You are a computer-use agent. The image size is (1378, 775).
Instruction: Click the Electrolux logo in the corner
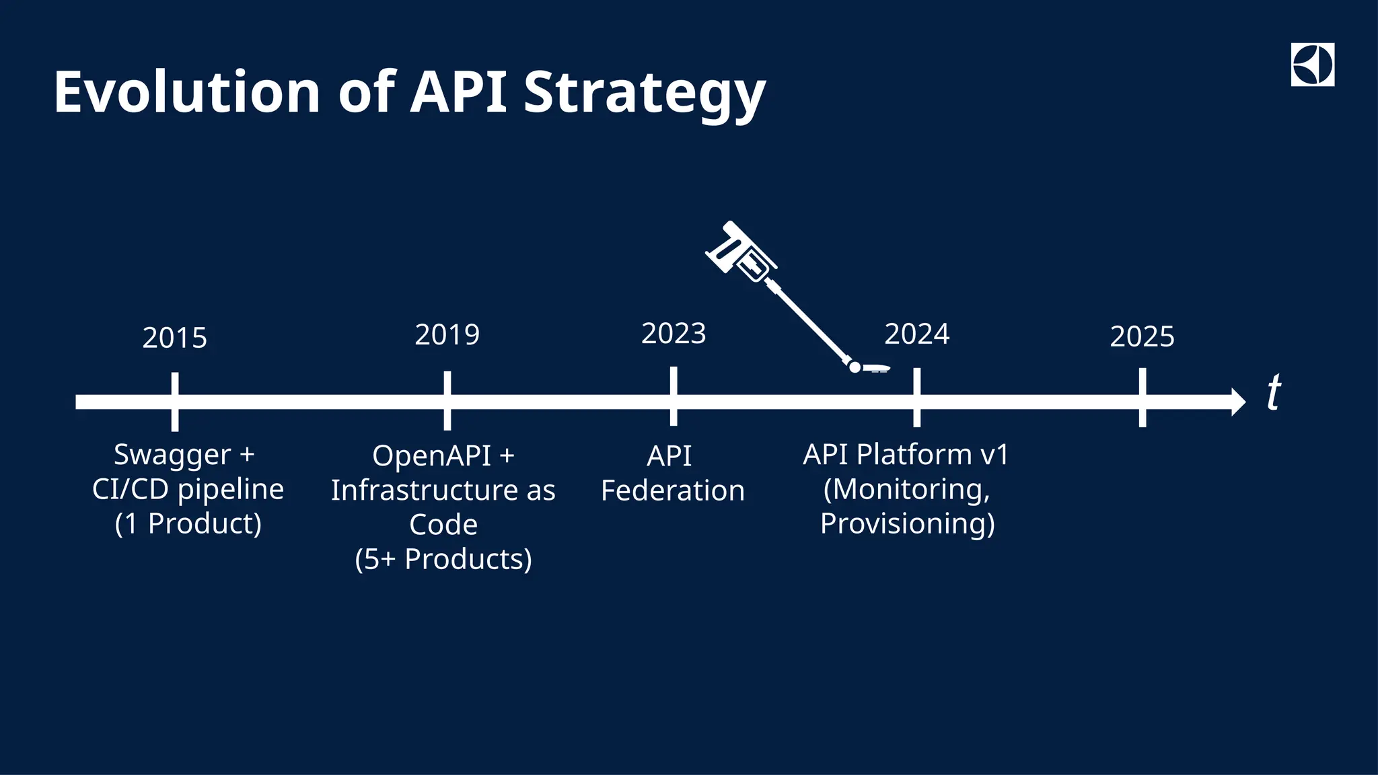(1312, 65)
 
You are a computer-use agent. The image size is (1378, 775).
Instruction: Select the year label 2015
(175, 338)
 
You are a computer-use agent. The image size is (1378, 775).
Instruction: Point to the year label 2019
(447, 335)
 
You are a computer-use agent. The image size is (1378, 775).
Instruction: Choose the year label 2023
(674, 334)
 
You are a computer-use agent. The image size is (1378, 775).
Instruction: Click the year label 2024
(916, 334)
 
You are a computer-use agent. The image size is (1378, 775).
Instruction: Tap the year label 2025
(1142, 337)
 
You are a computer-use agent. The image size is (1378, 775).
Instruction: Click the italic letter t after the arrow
(1273, 393)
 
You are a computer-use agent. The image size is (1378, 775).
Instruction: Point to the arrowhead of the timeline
(1237, 402)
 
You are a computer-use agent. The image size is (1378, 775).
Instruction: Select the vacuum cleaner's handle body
(740, 252)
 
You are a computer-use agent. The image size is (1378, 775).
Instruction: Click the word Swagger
(172, 455)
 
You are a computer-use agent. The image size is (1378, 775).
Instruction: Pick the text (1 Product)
(188, 524)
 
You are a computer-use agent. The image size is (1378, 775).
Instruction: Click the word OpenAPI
(431, 456)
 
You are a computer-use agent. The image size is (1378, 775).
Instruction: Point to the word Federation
(672, 491)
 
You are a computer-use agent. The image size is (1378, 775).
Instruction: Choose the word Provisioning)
(907, 524)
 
